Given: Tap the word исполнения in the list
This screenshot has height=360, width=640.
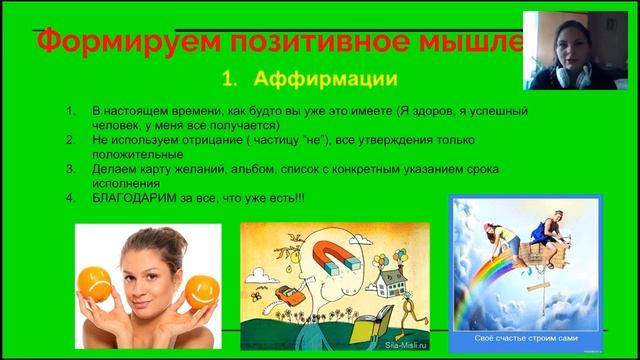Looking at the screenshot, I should (x=123, y=184).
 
